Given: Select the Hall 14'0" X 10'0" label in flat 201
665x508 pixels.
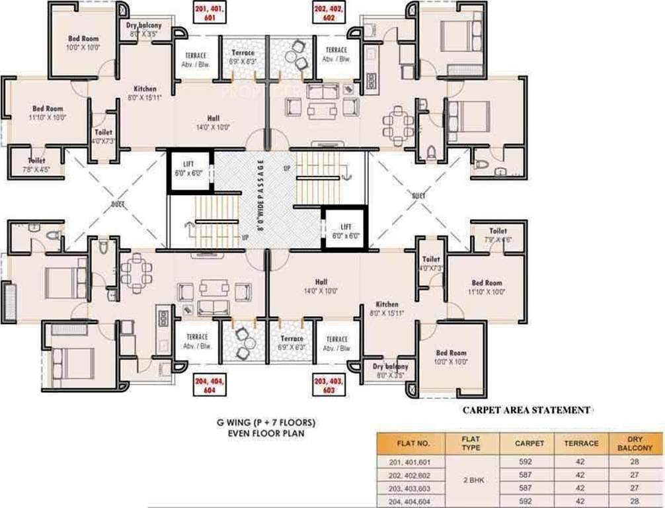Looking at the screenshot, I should point(212,123).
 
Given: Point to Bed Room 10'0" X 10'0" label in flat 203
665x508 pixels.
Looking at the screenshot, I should point(451,357).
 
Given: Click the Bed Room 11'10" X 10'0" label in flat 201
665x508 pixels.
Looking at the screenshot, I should point(48,112).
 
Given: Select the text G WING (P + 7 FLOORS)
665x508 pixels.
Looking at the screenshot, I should point(264,422).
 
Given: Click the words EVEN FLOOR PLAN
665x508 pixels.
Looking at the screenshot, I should point(264,434).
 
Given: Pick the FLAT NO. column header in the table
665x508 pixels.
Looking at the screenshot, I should point(414,443).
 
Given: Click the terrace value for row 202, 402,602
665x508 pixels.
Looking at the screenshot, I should point(581,475).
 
